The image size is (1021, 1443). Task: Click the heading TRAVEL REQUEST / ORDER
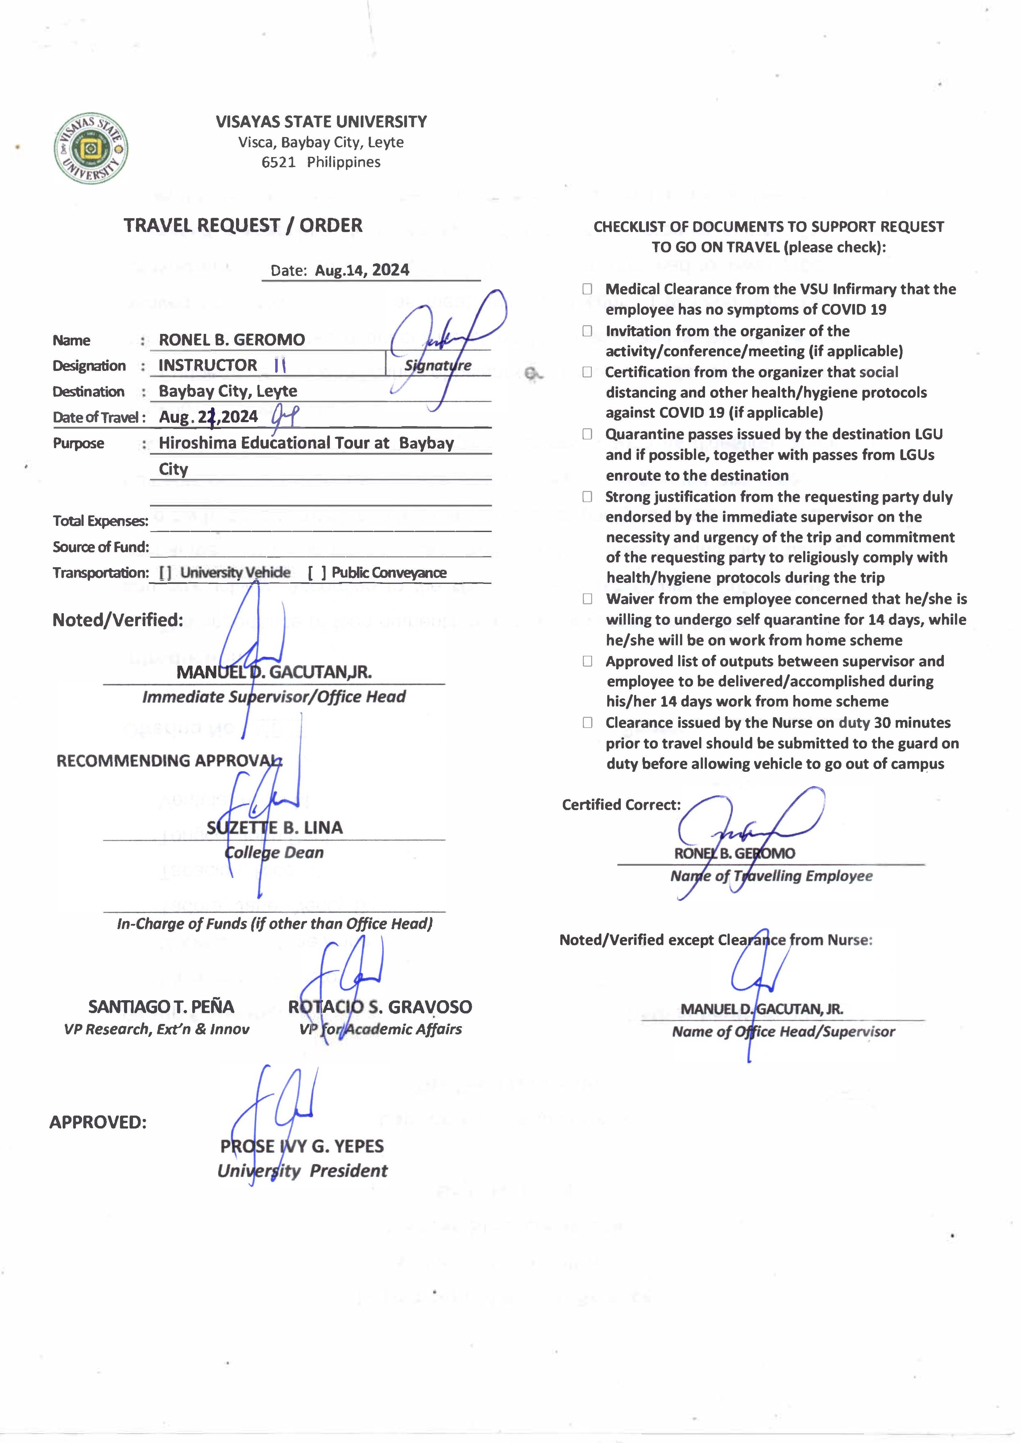click(x=243, y=225)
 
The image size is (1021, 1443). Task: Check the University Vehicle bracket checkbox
click(x=165, y=573)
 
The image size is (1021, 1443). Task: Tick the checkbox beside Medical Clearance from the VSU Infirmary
click(x=587, y=289)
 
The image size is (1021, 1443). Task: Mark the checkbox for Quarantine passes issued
click(x=587, y=434)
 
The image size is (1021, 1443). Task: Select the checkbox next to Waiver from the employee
click(x=587, y=599)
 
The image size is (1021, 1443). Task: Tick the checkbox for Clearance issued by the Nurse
click(x=587, y=722)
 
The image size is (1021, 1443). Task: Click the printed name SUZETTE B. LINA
click(x=275, y=827)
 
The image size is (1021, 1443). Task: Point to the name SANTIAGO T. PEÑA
click(x=161, y=1007)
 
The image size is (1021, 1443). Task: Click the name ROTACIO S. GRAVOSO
click(x=380, y=1007)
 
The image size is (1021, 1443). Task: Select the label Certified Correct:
click(x=621, y=805)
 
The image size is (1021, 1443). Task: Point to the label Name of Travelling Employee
click(x=771, y=876)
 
